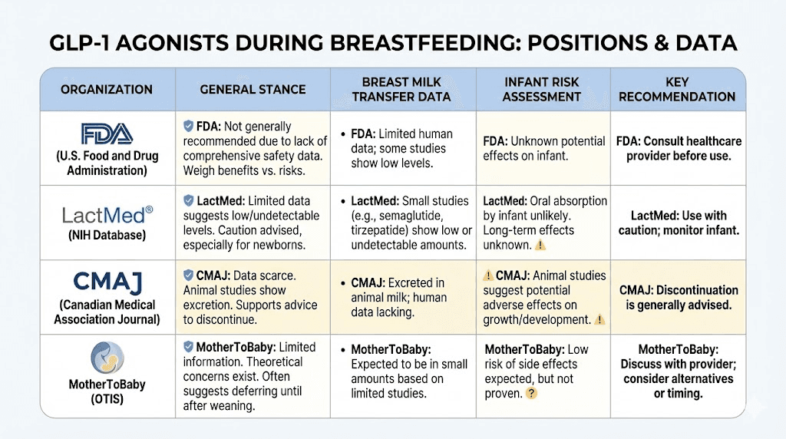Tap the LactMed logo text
[107, 213]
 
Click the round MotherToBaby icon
[107, 358]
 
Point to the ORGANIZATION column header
[107, 90]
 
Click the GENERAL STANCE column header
[253, 90]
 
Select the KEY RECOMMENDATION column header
[677, 89]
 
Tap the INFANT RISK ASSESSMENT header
[543, 89]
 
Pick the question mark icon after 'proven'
[530, 394]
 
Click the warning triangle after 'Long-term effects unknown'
[540, 246]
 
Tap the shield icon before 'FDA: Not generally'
[188, 126]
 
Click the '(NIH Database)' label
[107, 236]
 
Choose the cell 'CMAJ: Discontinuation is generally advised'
[679, 298]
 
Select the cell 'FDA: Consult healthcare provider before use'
[679, 149]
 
